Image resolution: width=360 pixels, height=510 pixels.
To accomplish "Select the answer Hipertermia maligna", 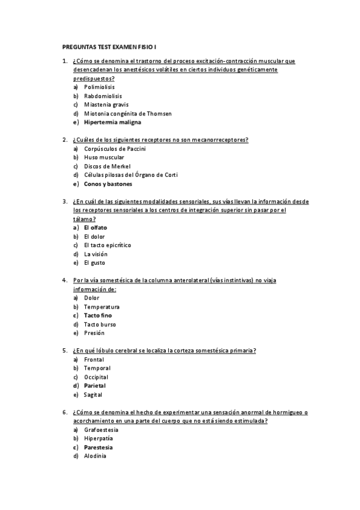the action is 112,122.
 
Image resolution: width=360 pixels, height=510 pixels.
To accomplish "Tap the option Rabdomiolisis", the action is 103,96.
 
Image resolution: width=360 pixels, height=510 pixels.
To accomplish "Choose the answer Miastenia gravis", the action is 106,105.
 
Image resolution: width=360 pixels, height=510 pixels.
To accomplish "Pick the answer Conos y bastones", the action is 108,183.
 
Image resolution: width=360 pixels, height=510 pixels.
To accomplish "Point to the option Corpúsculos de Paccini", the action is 115,149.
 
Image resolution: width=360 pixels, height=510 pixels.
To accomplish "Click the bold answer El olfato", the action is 96,227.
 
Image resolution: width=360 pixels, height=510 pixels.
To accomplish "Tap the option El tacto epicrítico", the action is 108,245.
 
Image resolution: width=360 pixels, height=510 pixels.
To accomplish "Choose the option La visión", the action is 96,254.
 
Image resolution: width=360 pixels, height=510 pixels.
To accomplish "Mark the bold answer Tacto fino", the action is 98,315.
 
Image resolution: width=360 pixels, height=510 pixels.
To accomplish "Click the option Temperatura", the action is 102,307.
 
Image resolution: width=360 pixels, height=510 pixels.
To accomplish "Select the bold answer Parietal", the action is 95,386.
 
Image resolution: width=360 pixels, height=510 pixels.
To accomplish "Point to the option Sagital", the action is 93,395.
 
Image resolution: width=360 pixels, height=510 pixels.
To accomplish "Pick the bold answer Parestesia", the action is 99,447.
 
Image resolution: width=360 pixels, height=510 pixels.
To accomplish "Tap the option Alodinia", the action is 95,456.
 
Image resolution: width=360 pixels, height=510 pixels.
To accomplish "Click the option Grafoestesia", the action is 101,430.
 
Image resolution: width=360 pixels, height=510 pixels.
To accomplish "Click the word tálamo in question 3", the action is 82,219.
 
